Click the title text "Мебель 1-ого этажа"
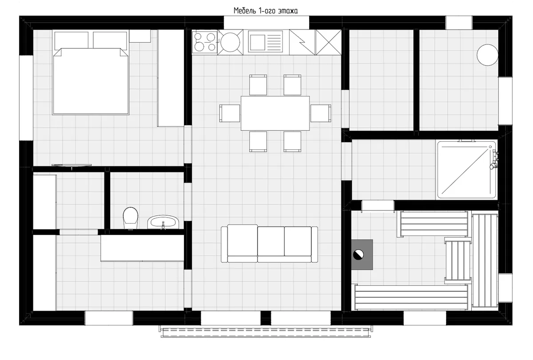point(265,11)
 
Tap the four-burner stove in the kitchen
point(205,42)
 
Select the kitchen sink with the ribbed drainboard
point(265,42)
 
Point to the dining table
point(275,113)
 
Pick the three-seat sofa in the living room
point(269,244)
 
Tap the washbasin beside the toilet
point(163,222)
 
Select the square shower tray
point(467,170)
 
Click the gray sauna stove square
point(362,255)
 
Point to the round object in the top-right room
point(487,55)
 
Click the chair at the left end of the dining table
point(230,113)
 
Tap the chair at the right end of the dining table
point(321,113)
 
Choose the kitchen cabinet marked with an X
point(328,42)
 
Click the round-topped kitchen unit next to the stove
point(230,42)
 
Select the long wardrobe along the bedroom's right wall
point(171,78)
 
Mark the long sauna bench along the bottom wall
point(411,297)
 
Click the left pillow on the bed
point(72,41)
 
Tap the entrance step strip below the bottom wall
point(266,332)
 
